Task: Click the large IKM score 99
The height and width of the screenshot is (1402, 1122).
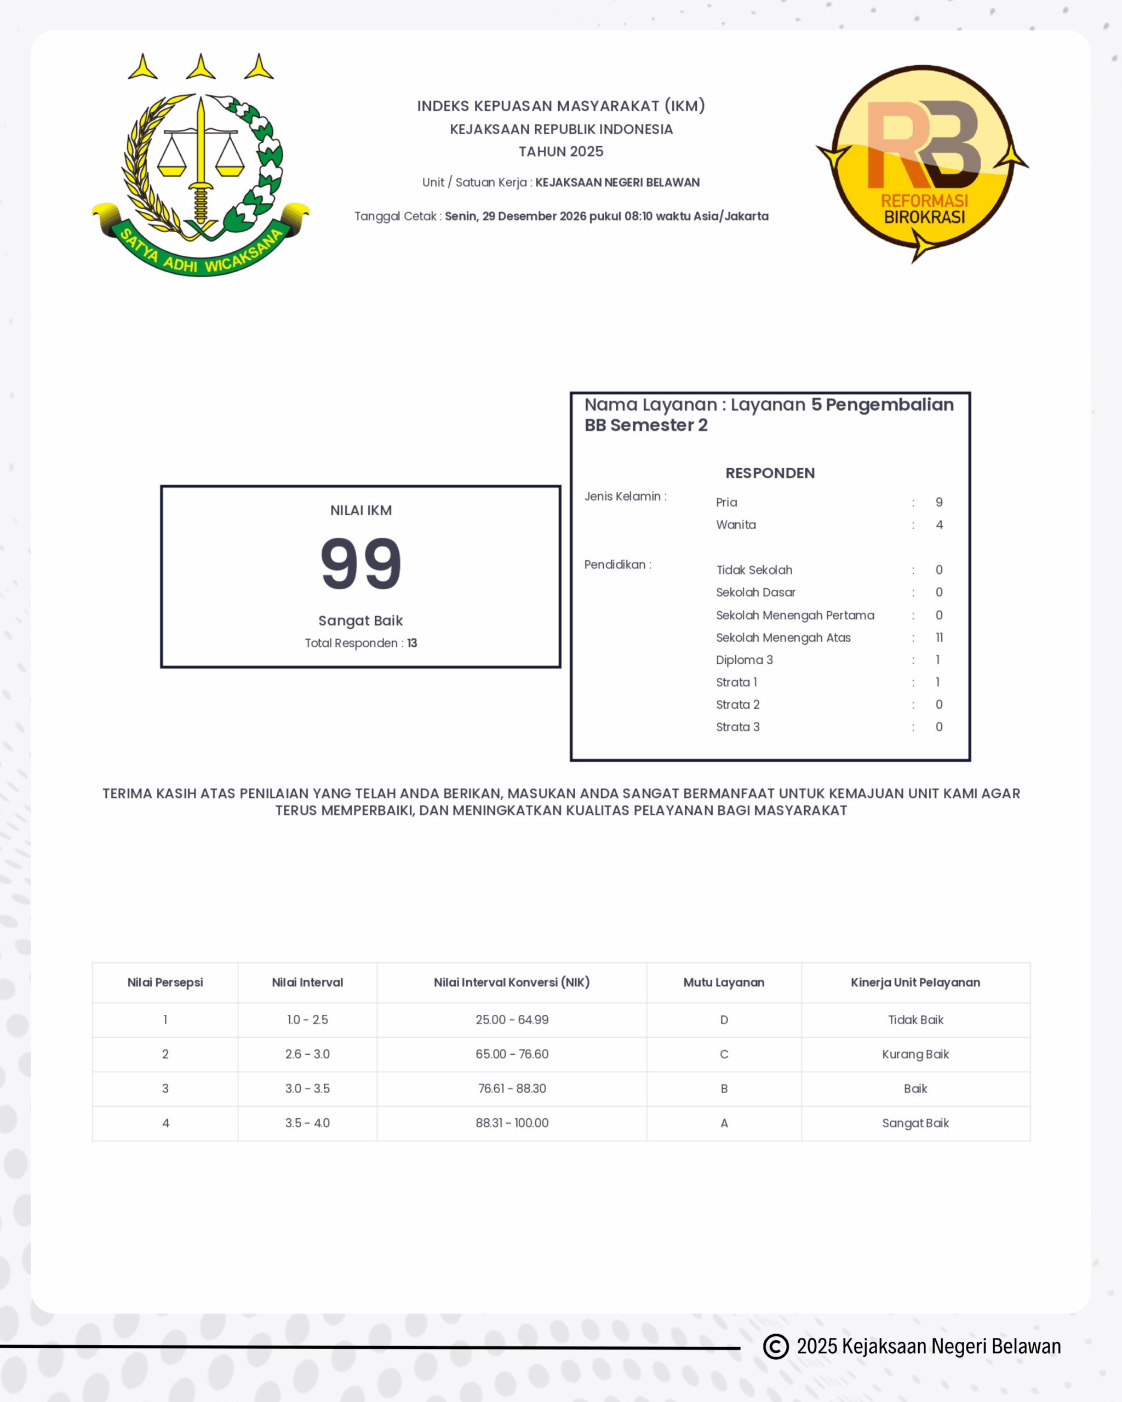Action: point(361,563)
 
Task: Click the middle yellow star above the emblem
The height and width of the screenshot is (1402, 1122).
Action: point(201,67)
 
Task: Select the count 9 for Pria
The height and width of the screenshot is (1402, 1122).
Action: point(938,502)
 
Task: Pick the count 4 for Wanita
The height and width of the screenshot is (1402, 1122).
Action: point(938,525)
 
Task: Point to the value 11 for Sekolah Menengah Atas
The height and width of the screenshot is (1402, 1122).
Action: point(938,637)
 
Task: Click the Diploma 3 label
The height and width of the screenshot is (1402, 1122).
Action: point(744,660)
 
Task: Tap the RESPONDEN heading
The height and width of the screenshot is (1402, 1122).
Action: point(770,473)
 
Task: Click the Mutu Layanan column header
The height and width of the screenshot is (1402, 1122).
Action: point(723,982)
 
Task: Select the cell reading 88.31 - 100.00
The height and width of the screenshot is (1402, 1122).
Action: point(512,1123)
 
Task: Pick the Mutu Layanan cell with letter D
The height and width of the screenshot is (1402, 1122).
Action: point(724,1020)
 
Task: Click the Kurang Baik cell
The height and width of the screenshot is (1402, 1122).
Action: point(915,1054)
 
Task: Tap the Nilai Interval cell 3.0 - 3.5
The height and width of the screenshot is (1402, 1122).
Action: point(307,1089)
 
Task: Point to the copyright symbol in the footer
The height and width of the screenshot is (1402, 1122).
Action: point(775,1346)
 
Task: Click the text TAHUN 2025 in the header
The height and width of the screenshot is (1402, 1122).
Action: point(560,152)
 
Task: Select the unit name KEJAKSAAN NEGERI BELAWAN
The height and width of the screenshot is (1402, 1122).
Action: point(617,183)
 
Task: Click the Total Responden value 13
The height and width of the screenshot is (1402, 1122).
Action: point(412,643)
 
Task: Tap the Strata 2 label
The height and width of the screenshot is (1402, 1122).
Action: point(737,705)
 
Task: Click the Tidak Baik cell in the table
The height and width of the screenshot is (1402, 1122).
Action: point(915,1020)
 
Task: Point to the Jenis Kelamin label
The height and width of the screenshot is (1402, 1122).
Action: point(625,496)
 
